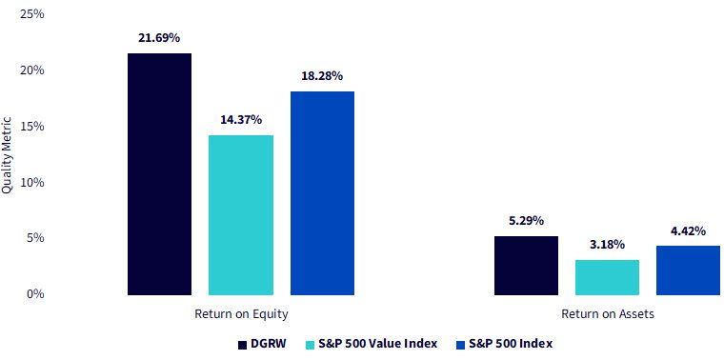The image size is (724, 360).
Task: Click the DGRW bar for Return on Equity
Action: pos(159,174)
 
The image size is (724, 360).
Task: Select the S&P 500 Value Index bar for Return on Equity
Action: pos(241,215)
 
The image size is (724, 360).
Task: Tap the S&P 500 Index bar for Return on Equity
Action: pos(322,193)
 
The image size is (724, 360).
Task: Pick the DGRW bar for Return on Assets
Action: pos(527,266)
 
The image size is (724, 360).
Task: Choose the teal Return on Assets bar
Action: pos(607,277)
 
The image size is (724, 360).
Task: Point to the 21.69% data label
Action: pos(159,38)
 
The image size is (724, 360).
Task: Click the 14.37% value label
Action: pos(241,120)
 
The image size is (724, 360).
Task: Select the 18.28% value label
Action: pos(322,75)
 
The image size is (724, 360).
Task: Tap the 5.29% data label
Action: pos(526,221)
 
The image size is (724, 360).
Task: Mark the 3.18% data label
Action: pos(607,244)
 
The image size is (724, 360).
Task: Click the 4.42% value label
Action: pos(688,230)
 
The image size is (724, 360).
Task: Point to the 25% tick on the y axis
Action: pos(33,14)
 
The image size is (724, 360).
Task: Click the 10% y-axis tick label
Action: pos(33,182)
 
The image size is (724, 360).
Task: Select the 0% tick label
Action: pos(36,294)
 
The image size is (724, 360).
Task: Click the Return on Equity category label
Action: pos(241,314)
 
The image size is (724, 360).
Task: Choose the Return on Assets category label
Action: pos(608,314)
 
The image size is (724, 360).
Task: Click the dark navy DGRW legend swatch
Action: pos(242,345)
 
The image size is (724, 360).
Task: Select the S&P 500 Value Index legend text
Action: pos(377,344)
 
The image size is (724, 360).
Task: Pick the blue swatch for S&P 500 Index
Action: pos(459,345)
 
